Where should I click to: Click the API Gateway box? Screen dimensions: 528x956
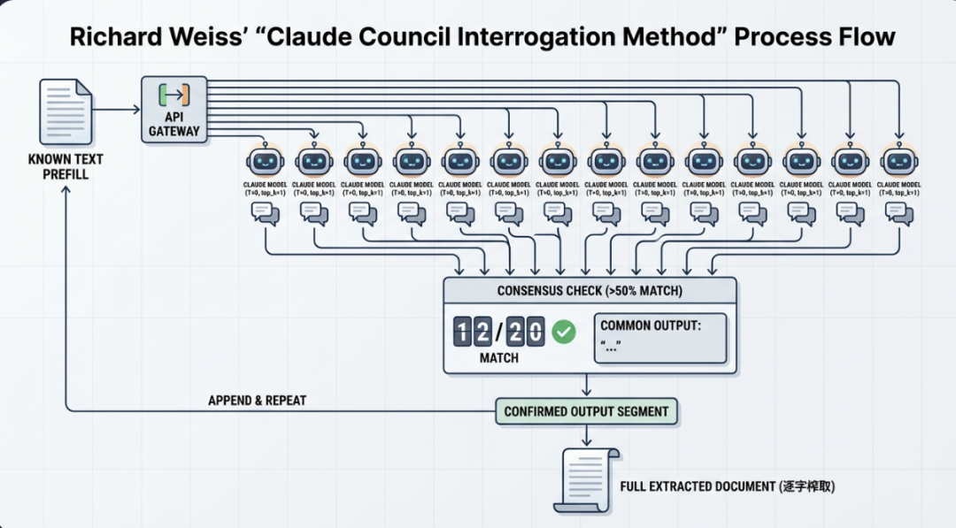click(174, 110)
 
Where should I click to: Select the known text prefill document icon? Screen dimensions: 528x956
click(66, 112)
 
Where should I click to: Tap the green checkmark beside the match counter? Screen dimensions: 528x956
click(564, 333)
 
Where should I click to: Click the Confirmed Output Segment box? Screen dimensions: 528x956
click(586, 411)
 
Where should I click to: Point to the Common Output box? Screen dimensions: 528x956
click(660, 337)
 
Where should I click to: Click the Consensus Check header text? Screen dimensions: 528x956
click(589, 291)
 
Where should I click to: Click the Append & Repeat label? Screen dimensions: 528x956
click(257, 401)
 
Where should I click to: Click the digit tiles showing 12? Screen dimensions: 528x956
click(472, 333)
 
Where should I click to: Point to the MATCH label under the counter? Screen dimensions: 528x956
click(499, 358)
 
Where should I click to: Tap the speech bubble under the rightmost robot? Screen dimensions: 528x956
click(898, 212)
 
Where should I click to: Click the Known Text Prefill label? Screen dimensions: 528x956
click(66, 167)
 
